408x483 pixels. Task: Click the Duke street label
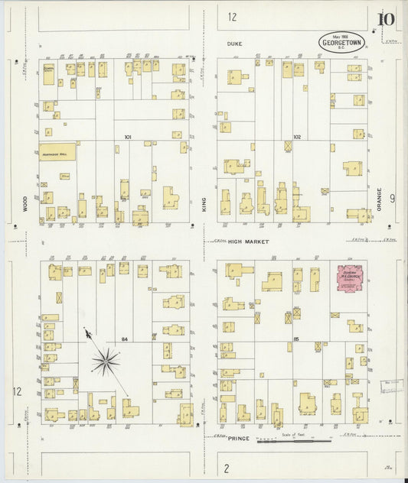click(x=233, y=44)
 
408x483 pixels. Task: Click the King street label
click(x=204, y=203)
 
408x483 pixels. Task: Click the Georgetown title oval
click(x=342, y=41)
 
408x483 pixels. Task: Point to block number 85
click(x=295, y=339)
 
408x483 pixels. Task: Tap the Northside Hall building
click(x=58, y=153)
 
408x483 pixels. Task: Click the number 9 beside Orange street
click(x=392, y=199)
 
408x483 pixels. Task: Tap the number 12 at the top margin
click(x=232, y=17)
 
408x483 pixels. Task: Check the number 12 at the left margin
click(x=16, y=391)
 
